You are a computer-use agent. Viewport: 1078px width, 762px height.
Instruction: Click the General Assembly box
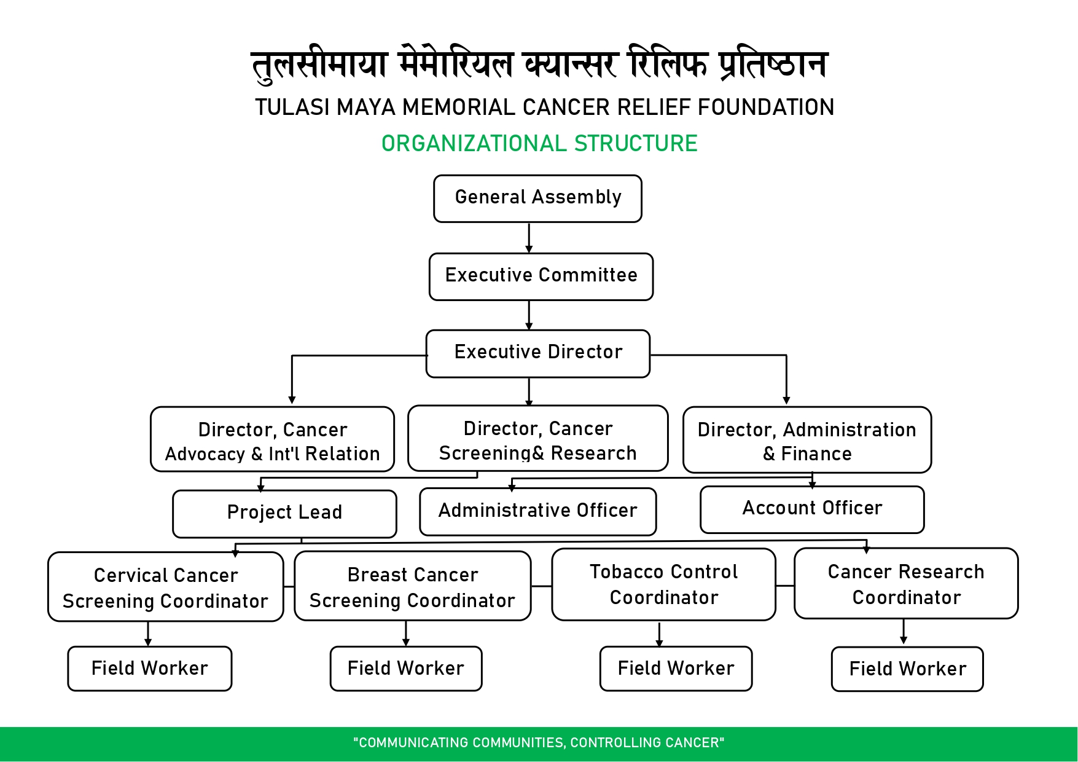click(x=537, y=198)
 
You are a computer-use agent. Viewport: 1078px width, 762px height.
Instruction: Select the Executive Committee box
click(x=541, y=277)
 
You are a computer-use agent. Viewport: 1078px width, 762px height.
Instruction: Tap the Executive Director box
click(x=537, y=353)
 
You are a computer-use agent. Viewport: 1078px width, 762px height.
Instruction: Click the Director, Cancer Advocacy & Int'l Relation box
click(x=272, y=439)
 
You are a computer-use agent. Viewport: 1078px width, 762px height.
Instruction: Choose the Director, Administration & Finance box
click(x=807, y=440)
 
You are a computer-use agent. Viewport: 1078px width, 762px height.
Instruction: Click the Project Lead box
click(x=284, y=514)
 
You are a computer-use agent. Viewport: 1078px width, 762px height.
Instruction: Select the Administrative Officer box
click(x=537, y=511)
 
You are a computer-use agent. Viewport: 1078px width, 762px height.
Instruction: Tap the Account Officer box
click(x=812, y=509)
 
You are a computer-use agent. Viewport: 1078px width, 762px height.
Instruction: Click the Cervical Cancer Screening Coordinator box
click(x=165, y=587)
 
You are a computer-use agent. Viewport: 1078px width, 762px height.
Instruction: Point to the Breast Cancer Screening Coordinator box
click(x=412, y=586)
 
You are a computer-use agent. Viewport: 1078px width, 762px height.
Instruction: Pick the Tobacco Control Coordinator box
click(x=663, y=584)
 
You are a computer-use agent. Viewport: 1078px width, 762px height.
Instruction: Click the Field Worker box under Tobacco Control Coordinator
click(x=676, y=669)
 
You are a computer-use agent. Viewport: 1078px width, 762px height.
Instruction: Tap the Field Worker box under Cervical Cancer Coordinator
click(x=149, y=669)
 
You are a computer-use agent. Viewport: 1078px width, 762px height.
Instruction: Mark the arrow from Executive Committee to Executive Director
click(x=529, y=315)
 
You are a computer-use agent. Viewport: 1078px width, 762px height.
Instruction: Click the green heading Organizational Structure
click(x=539, y=144)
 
